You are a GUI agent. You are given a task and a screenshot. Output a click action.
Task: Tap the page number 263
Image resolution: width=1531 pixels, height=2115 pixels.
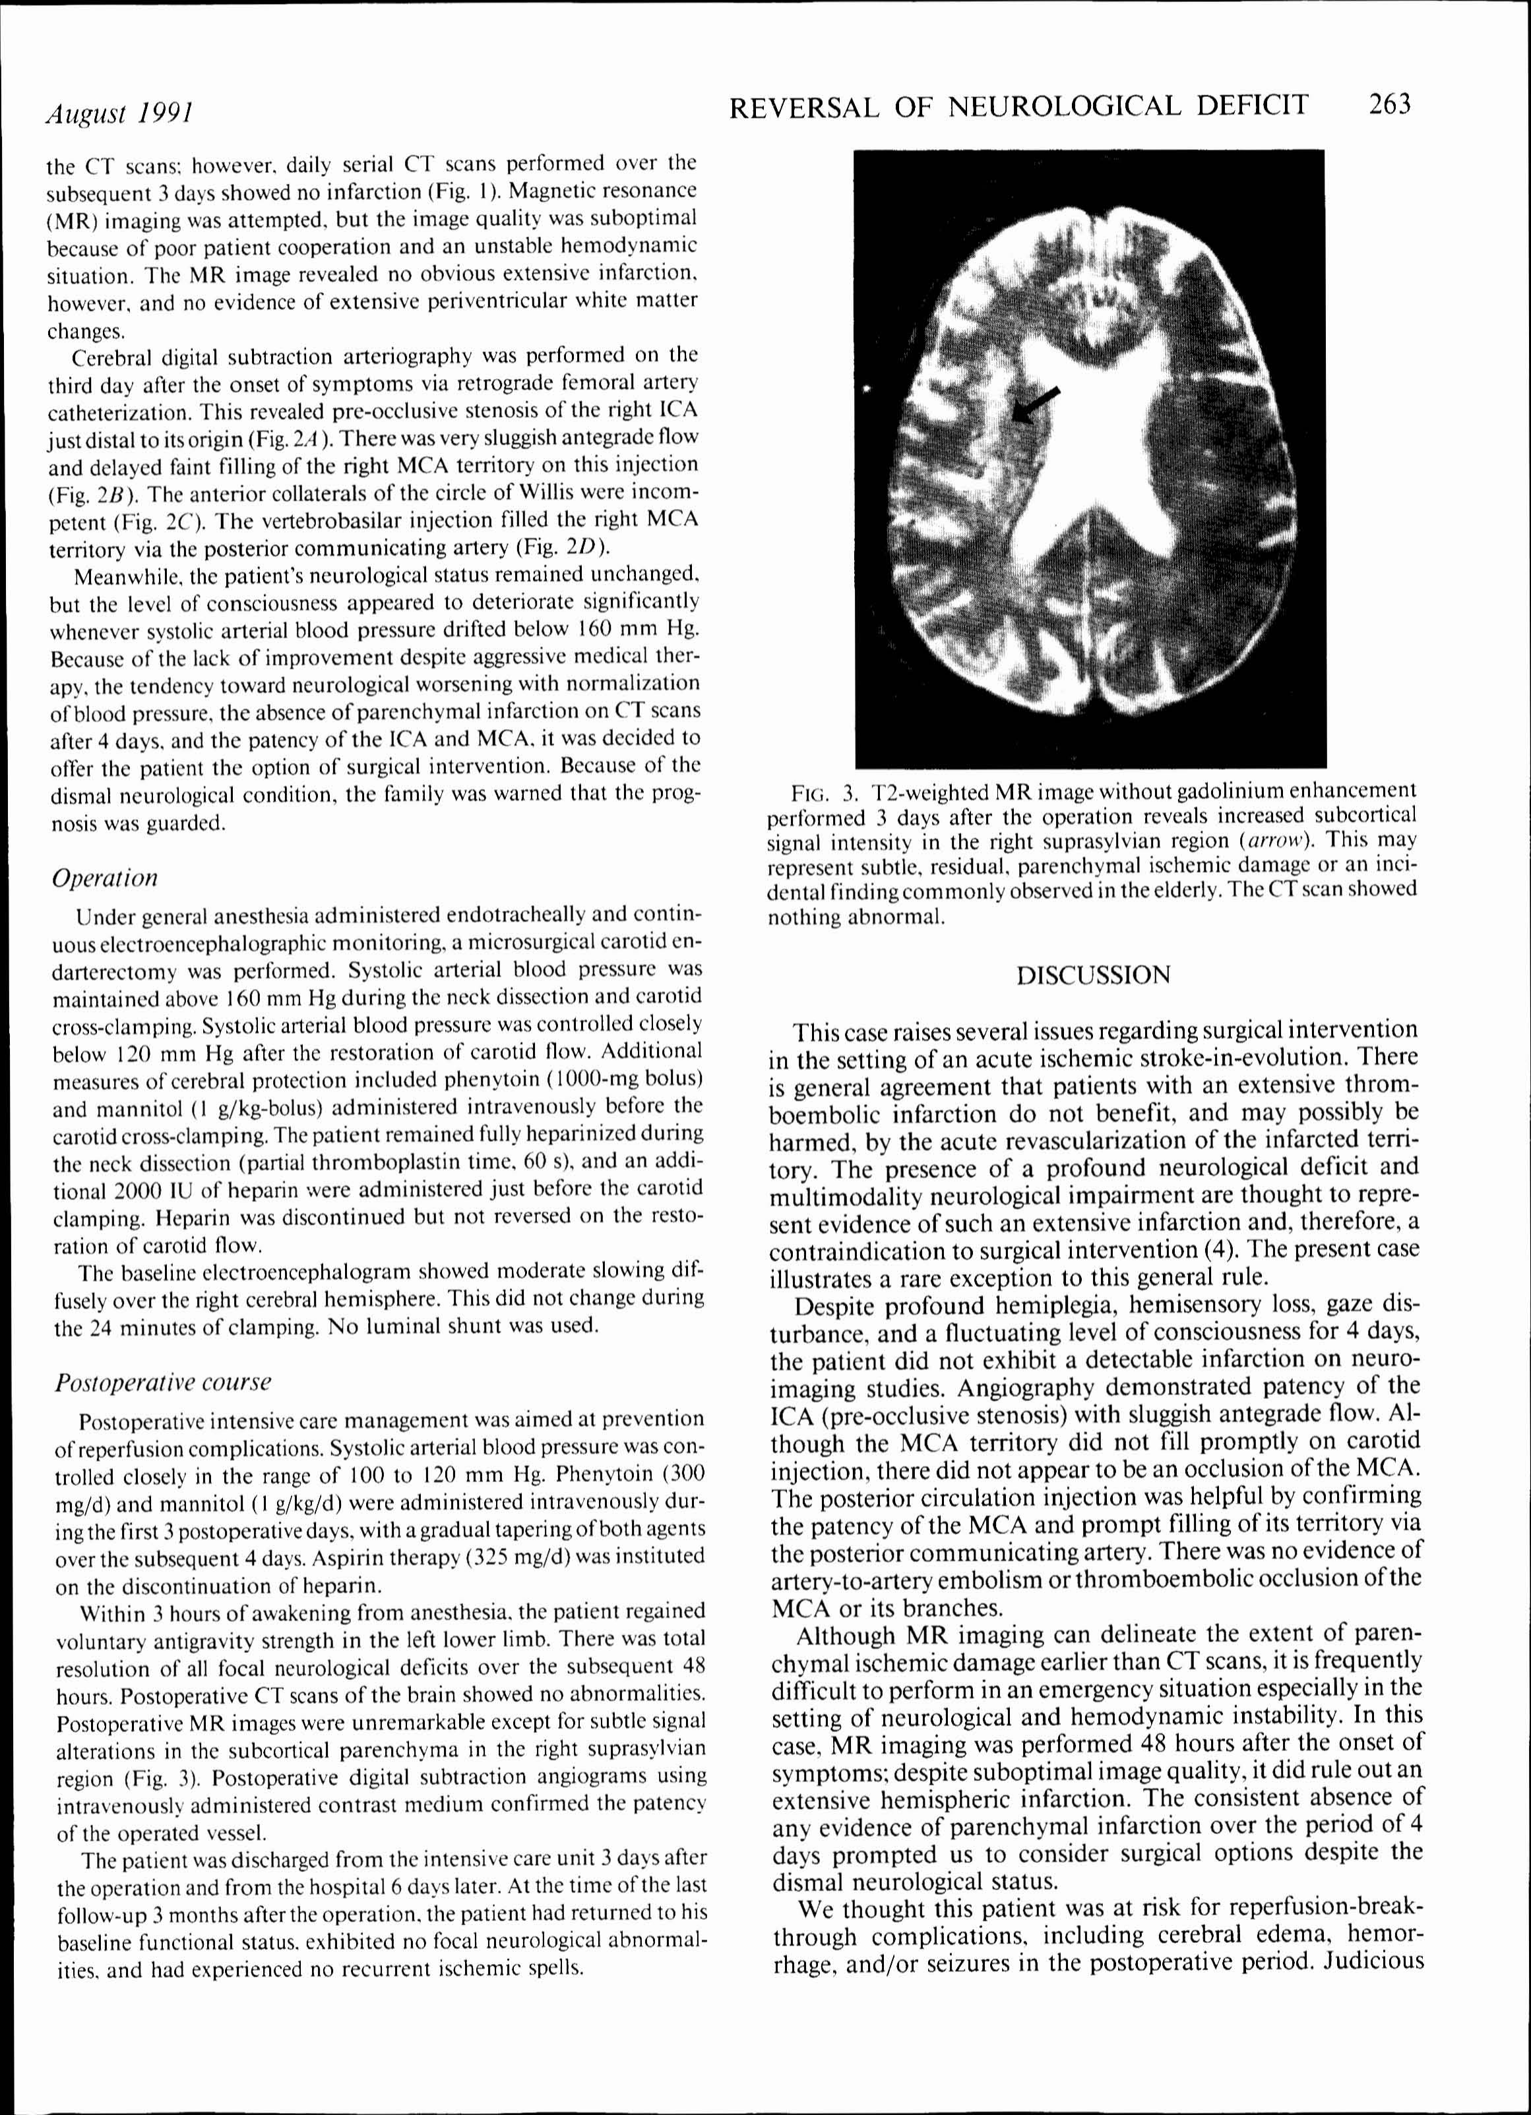click(1389, 104)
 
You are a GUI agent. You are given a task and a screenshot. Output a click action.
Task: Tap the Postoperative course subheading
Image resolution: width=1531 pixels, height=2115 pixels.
click(164, 1381)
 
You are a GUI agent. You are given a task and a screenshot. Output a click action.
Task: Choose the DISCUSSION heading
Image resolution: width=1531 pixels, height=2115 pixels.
click(1092, 976)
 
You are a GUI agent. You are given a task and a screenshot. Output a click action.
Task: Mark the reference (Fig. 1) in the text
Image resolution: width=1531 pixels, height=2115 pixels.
click(560, 192)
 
